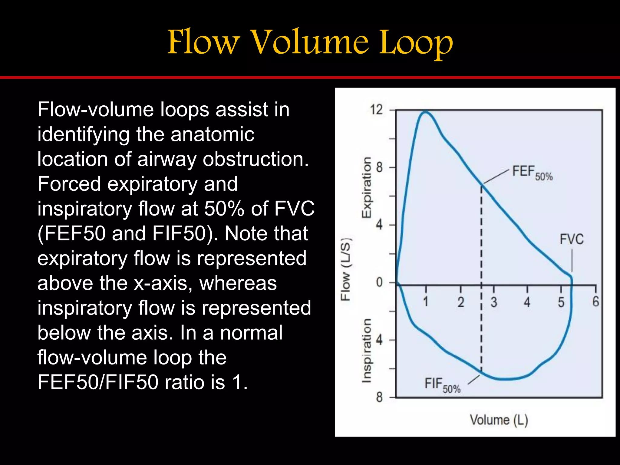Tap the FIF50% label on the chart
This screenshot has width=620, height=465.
442,385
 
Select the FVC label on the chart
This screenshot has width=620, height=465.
571,239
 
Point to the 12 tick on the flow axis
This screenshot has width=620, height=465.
377,110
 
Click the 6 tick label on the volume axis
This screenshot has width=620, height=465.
595,302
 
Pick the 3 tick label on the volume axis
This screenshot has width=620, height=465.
494,302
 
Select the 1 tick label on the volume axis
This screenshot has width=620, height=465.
425,302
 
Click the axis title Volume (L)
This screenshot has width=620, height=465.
499,420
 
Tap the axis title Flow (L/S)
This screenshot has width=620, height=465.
346,269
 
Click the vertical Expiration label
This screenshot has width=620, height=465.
367,187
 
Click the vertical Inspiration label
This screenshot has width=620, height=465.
367,350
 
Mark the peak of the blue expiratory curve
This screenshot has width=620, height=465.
425,112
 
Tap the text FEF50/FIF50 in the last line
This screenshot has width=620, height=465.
97,382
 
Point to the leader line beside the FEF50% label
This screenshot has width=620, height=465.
496,176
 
